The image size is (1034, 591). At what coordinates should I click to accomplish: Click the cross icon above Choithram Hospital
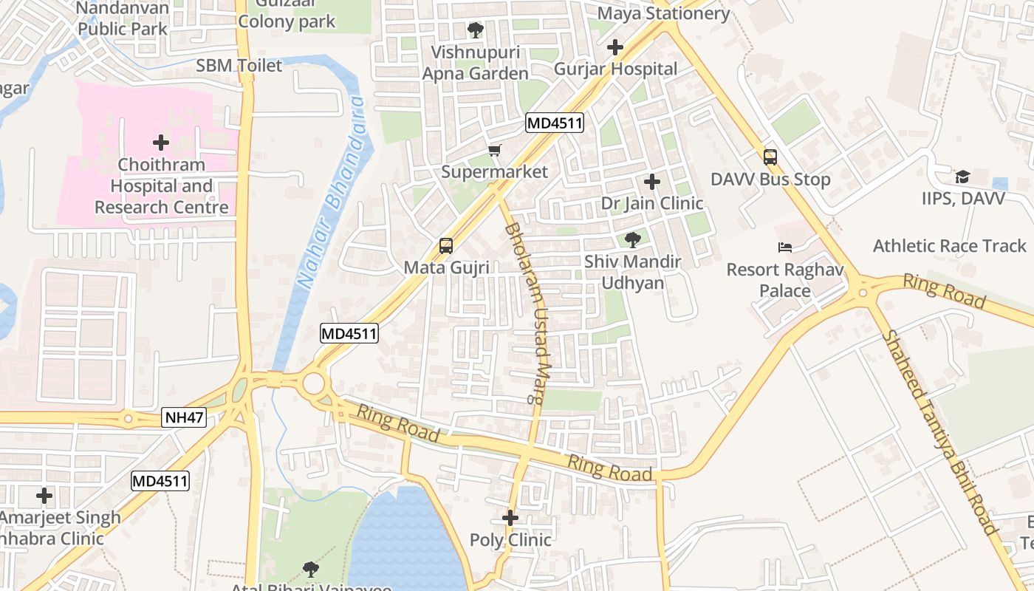pos(161,143)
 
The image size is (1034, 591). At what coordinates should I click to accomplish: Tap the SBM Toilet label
pos(239,66)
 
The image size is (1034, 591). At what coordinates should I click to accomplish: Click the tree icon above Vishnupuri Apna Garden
pos(476,30)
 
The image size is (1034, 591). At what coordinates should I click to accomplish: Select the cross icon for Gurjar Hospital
pos(614,48)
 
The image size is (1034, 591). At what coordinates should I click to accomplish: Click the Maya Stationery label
pos(663,13)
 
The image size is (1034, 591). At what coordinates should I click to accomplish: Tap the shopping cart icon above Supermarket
pos(495,151)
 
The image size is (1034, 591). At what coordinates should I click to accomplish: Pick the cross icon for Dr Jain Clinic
pos(651,182)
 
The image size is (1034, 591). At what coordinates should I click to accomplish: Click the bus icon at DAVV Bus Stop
pos(770,157)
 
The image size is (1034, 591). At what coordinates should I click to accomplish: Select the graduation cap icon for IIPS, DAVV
pos(962,177)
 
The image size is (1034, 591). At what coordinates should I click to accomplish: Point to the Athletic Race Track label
pos(950,246)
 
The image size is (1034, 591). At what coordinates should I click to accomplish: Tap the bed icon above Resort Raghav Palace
pos(784,247)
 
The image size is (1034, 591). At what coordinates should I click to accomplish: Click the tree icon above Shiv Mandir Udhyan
pos(632,239)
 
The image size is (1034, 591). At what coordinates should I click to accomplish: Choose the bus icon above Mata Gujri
pos(446,245)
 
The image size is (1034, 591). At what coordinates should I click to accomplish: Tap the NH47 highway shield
pos(183,418)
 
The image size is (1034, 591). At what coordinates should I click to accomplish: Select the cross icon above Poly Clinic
pos(510,518)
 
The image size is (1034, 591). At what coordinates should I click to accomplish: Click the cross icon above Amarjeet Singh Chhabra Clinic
pos(44,496)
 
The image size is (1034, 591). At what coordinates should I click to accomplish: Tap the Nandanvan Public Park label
pos(123,19)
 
